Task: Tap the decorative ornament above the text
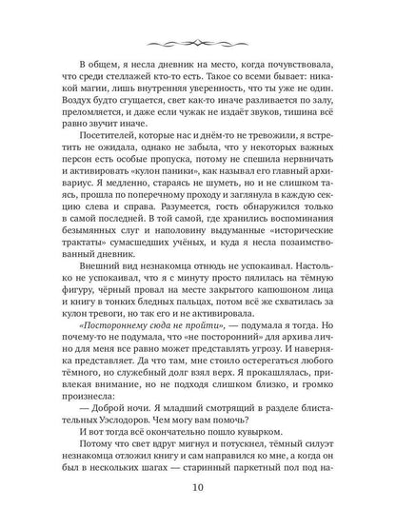(x=198, y=41)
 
